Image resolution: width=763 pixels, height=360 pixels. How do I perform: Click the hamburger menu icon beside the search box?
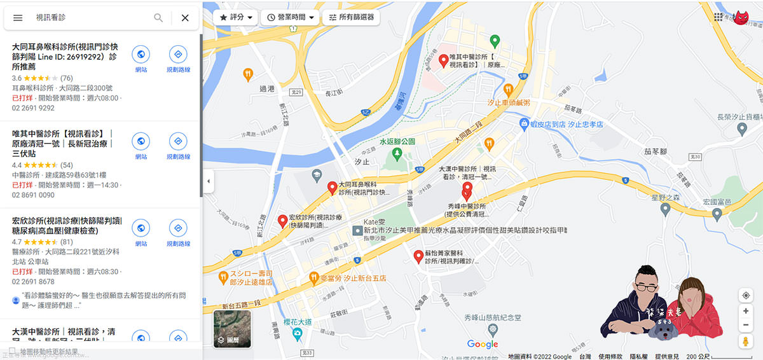click(x=18, y=18)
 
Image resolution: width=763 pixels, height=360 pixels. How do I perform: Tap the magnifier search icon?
click(x=158, y=18)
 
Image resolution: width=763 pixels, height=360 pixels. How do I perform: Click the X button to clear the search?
click(x=185, y=18)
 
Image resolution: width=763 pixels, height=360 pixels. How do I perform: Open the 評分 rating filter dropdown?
click(x=236, y=18)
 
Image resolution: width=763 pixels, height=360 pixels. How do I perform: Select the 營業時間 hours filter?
click(x=290, y=18)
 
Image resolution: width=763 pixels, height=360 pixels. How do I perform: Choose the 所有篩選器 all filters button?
click(x=351, y=18)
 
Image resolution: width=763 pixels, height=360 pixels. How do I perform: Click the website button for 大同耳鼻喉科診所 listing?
click(x=141, y=54)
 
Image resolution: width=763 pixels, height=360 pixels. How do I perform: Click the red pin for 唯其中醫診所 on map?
click(x=444, y=61)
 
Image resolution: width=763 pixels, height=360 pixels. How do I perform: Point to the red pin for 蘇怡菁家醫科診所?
click(x=418, y=256)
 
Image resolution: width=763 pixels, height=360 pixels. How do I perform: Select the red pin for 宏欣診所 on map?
click(x=282, y=221)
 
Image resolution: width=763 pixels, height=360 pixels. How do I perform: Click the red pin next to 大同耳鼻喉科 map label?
click(x=332, y=188)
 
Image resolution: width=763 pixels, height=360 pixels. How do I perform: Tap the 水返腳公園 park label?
click(x=397, y=141)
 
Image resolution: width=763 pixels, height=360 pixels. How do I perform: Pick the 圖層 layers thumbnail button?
click(x=232, y=329)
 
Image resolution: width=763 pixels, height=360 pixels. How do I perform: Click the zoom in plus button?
click(x=746, y=311)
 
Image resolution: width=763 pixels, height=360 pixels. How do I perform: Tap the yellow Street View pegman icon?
click(x=746, y=342)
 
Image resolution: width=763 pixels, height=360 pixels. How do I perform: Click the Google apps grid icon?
click(x=718, y=17)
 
